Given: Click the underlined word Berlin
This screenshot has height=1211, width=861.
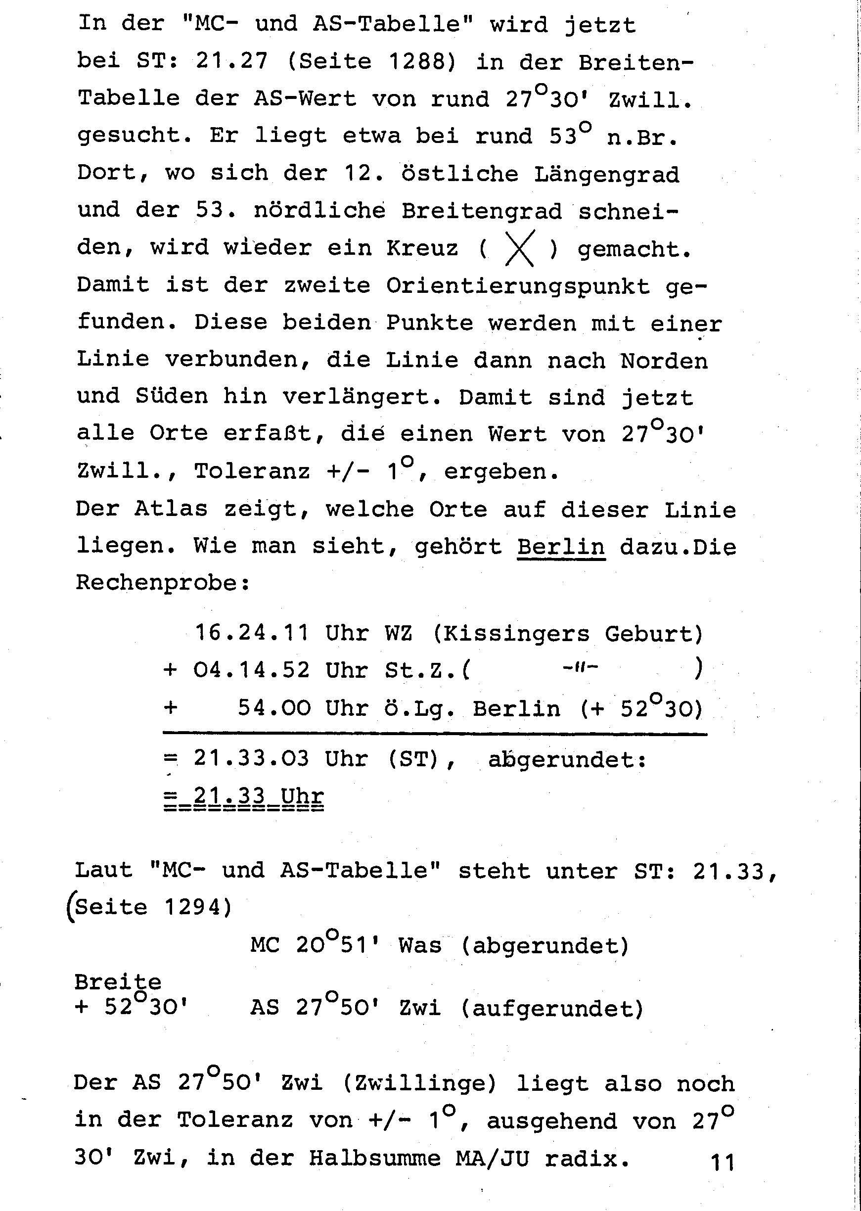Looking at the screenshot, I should pos(561,547).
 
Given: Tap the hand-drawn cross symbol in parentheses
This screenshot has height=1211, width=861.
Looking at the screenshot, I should pos(519,248).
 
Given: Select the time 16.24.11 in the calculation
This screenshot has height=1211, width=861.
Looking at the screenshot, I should pos(252,633).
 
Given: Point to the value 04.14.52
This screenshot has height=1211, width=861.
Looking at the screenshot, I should pos(252,670).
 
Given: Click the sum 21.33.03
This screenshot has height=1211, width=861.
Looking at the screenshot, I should pos(252,759).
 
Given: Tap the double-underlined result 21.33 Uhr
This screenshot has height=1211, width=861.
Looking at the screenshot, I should pos(244,797).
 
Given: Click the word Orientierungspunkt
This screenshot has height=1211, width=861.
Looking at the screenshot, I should pos(517,286).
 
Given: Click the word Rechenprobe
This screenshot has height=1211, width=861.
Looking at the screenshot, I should pos(162,583).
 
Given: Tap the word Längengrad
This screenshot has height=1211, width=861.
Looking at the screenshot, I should pos(606,175).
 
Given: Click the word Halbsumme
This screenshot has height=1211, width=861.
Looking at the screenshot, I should pos(375,1159).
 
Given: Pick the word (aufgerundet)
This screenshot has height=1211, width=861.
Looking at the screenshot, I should pos(551,1007).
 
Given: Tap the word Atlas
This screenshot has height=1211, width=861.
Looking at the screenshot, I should pos(171,509).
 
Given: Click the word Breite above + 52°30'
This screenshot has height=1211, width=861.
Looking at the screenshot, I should pos(118,982).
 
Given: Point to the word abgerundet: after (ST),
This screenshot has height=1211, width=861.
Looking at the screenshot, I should pos(567,760).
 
